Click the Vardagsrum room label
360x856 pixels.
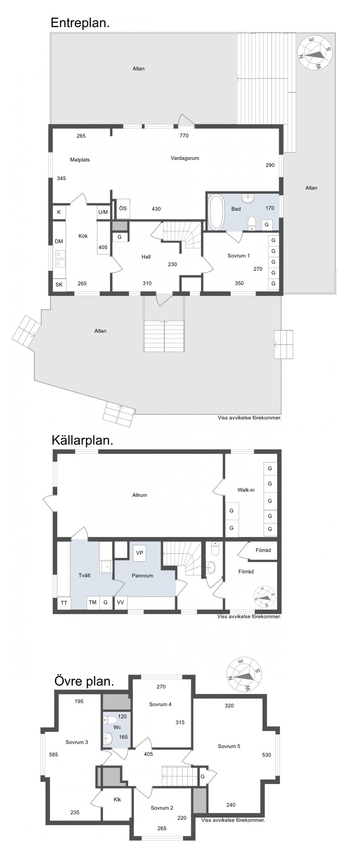pyautogui.click(x=185, y=158)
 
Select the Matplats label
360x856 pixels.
pyautogui.click(x=80, y=160)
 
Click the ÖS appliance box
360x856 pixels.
pyautogui.click(x=123, y=209)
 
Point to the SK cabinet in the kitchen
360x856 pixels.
pyautogui.click(x=59, y=285)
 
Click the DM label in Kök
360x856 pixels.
pyautogui.click(x=59, y=241)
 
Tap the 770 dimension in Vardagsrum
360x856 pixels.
pyautogui.click(x=184, y=136)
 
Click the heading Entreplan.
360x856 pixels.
pyautogui.click(x=80, y=23)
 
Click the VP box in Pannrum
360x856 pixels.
pyautogui.click(x=139, y=553)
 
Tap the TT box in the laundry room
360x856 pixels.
pyautogui.click(x=64, y=603)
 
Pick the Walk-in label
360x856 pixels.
pyautogui.click(x=246, y=490)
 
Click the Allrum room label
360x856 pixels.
pyautogui.click(x=139, y=495)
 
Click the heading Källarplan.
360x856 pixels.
pyautogui.click(x=82, y=440)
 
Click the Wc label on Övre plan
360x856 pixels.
pyautogui.click(x=117, y=727)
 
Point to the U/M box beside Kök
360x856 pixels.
pyautogui.click(x=103, y=212)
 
